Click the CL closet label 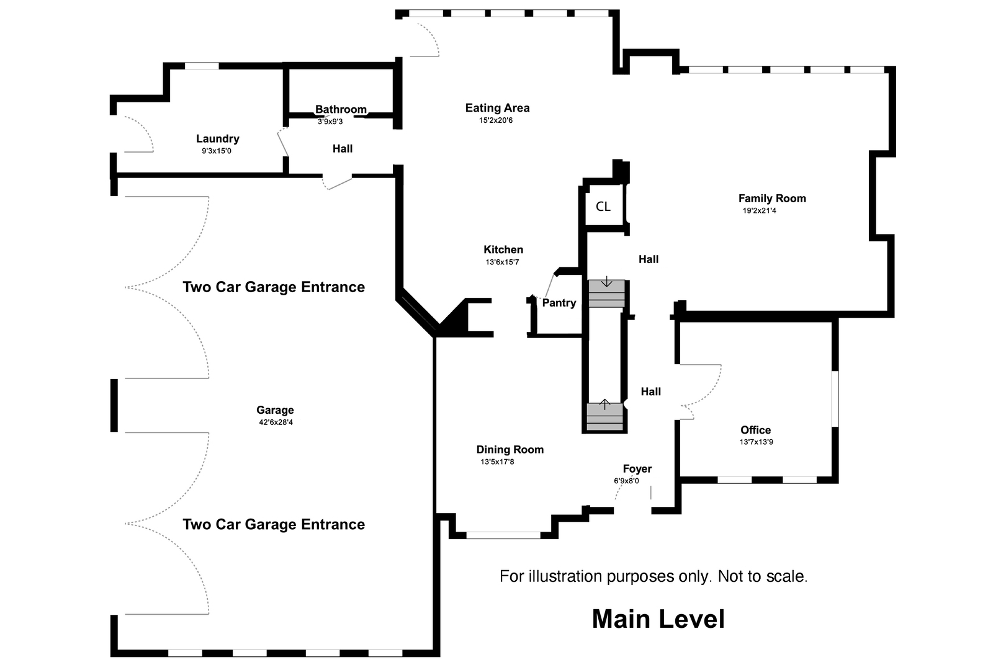click(x=603, y=207)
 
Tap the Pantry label click(x=559, y=303)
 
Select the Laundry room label click(x=217, y=139)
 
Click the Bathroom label click(x=341, y=110)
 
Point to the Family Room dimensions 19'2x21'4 click(x=759, y=211)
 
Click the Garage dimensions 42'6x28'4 click(x=275, y=422)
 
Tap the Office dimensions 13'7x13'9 click(x=756, y=442)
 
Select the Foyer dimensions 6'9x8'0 click(x=626, y=481)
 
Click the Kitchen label click(x=503, y=249)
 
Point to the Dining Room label click(x=510, y=450)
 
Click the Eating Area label click(x=497, y=108)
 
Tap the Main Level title click(x=658, y=619)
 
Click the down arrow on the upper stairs click(x=606, y=283)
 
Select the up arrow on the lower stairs click(x=605, y=404)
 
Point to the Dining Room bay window click(x=503, y=535)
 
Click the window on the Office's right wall click(x=835, y=398)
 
